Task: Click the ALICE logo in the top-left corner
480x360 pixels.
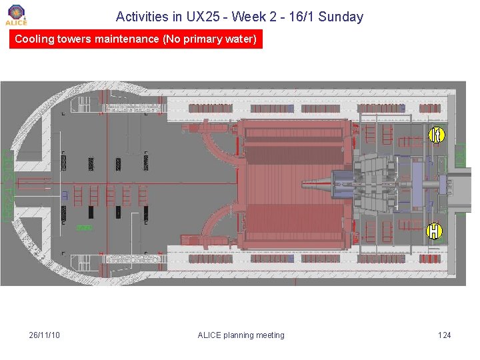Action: (x=16, y=14)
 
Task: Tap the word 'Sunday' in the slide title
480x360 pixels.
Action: (x=341, y=17)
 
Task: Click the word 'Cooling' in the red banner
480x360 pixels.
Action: (x=35, y=39)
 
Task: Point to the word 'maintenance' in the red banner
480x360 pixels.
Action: (x=127, y=39)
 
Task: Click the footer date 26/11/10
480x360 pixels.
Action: (x=45, y=335)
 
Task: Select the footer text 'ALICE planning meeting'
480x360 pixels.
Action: (x=241, y=335)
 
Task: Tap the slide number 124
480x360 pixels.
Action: (x=444, y=335)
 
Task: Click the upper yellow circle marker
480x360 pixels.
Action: (x=435, y=135)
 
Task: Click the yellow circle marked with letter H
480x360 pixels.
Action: (x=434, y=231)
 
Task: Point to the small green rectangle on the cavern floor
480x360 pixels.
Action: (x=83, y=228)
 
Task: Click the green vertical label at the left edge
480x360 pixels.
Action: (x=7, y=185)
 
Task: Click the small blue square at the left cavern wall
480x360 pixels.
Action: (x=65, y=195)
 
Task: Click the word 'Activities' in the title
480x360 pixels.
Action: (x=141, y=17)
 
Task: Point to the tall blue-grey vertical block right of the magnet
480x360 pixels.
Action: (x=417, y=182)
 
